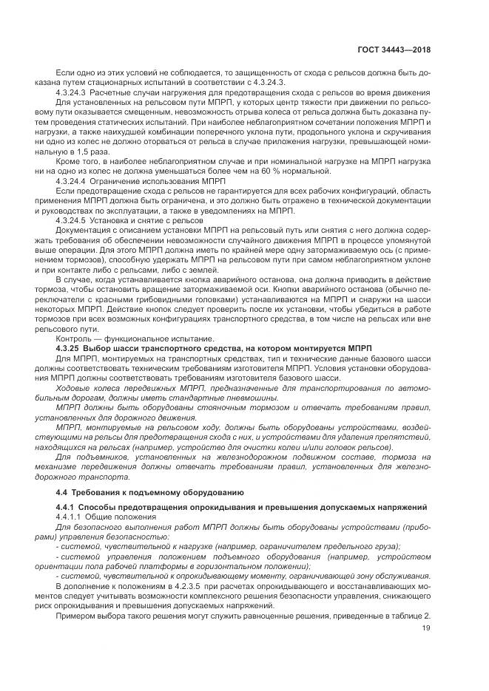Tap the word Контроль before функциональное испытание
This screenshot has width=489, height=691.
click(x=73, y=338)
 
